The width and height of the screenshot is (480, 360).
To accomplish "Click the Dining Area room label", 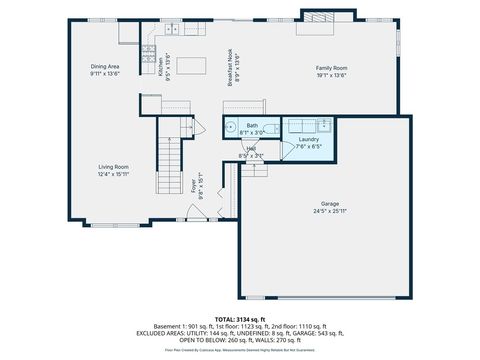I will coord(106,66).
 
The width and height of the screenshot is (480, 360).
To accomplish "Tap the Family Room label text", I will coord(331,67).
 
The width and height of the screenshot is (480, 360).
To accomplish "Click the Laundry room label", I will coord(308,139).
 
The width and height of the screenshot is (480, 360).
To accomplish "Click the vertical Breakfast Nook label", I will coord(230,69).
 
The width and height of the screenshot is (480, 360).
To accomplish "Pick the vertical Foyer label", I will coord(193,187).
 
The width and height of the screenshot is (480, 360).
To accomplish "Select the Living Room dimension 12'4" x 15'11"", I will coord(113,174).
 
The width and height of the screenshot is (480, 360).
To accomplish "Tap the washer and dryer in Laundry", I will coord(310,125).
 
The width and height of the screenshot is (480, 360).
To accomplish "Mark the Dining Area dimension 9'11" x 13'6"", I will coord(106,74).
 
